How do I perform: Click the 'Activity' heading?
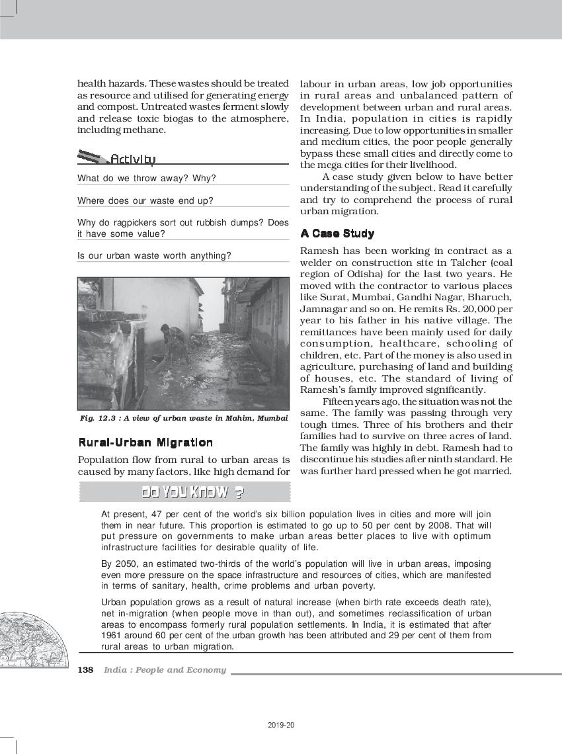[x=133, y=159]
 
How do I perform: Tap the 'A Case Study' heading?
[x=337, y=233]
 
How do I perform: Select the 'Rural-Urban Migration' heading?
[x=145, y=442]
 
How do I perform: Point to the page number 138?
[x=85, y=670]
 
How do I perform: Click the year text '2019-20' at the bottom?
[x=282, y=725]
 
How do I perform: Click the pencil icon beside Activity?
[x=93, y=157]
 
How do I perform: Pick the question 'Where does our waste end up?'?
[x=145, y=200]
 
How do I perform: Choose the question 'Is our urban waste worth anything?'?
[x=154, y=256]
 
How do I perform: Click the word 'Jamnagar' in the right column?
[x=321, y=309]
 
